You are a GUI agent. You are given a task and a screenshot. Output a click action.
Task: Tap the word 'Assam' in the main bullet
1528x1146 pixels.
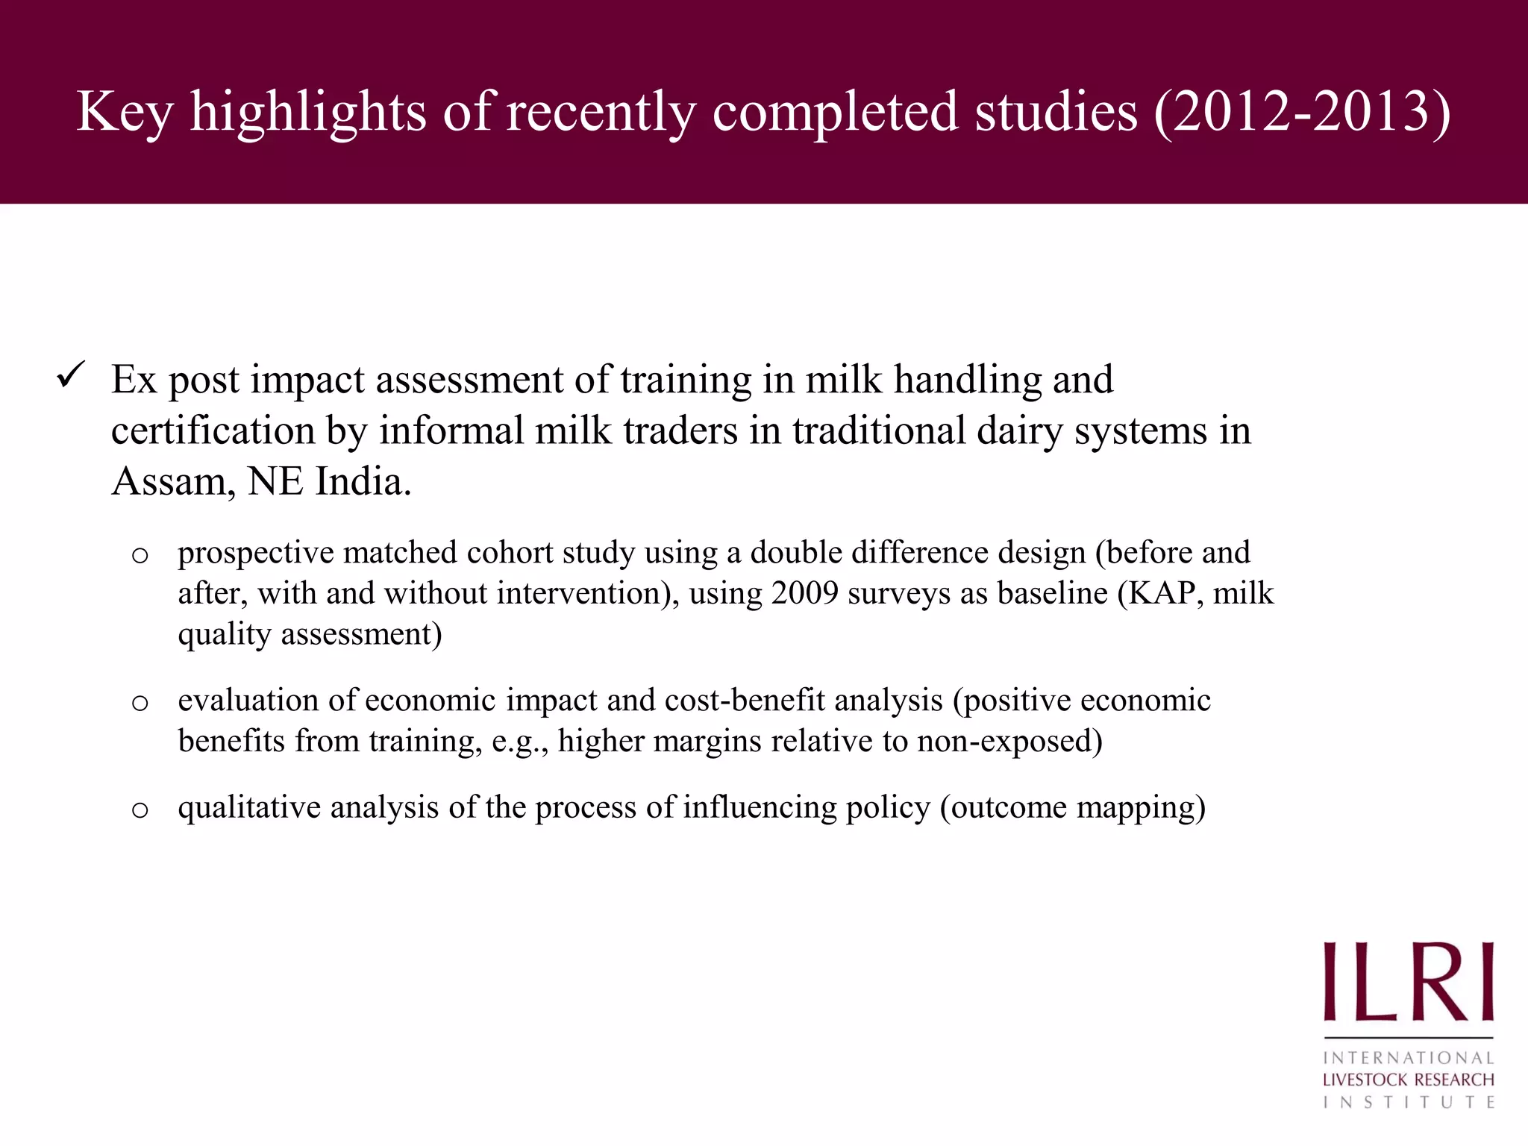click(169, 482)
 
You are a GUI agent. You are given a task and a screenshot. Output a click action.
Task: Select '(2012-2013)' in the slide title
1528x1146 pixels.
click(1302, 112)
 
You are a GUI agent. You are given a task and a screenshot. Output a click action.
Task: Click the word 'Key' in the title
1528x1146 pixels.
click(125, 112)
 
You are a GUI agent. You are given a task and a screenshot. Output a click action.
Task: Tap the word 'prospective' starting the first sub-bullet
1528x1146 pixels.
click(255, 554)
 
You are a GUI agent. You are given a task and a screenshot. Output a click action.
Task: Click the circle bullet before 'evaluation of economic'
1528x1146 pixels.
click(140, 703)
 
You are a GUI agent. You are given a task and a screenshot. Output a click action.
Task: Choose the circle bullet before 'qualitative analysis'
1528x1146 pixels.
click(140, 810)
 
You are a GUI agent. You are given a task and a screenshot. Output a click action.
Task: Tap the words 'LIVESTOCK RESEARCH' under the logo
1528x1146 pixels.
click(1408, 1080)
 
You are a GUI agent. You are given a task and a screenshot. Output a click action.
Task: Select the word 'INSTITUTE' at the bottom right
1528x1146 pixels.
click(1408, 1102)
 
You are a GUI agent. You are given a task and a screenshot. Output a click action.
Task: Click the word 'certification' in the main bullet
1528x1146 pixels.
click(213, 431)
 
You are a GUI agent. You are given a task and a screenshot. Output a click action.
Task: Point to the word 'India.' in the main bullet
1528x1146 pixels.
click(363, 482)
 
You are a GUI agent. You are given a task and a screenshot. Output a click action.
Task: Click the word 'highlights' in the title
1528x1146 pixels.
click(307, 112)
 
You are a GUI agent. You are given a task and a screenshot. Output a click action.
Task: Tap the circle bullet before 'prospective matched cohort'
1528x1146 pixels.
click(140, 555)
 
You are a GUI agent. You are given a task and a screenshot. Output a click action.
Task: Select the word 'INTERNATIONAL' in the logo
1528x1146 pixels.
click(1408, 1058)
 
